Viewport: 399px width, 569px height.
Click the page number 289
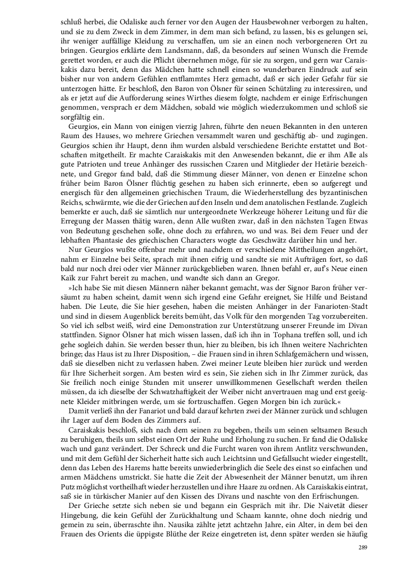(362, 549)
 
